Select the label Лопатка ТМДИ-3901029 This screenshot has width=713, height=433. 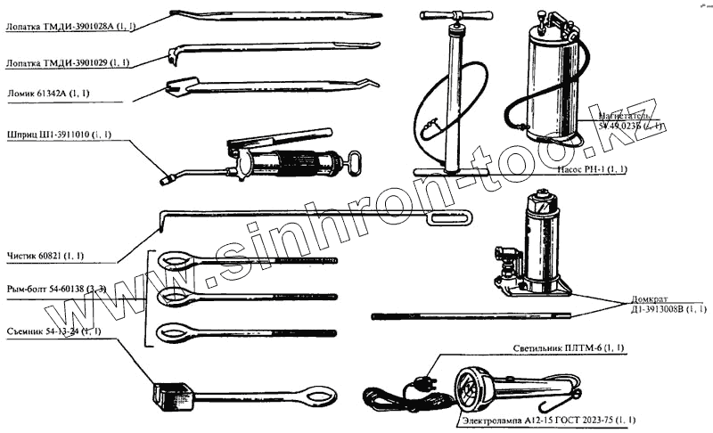coord(68,62)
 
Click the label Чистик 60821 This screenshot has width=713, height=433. coord(45,256)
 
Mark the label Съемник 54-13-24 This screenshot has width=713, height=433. coord(53,331)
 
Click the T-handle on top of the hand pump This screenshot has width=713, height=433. coord(458,15)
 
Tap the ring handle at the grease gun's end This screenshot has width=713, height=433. coord(356,165)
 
